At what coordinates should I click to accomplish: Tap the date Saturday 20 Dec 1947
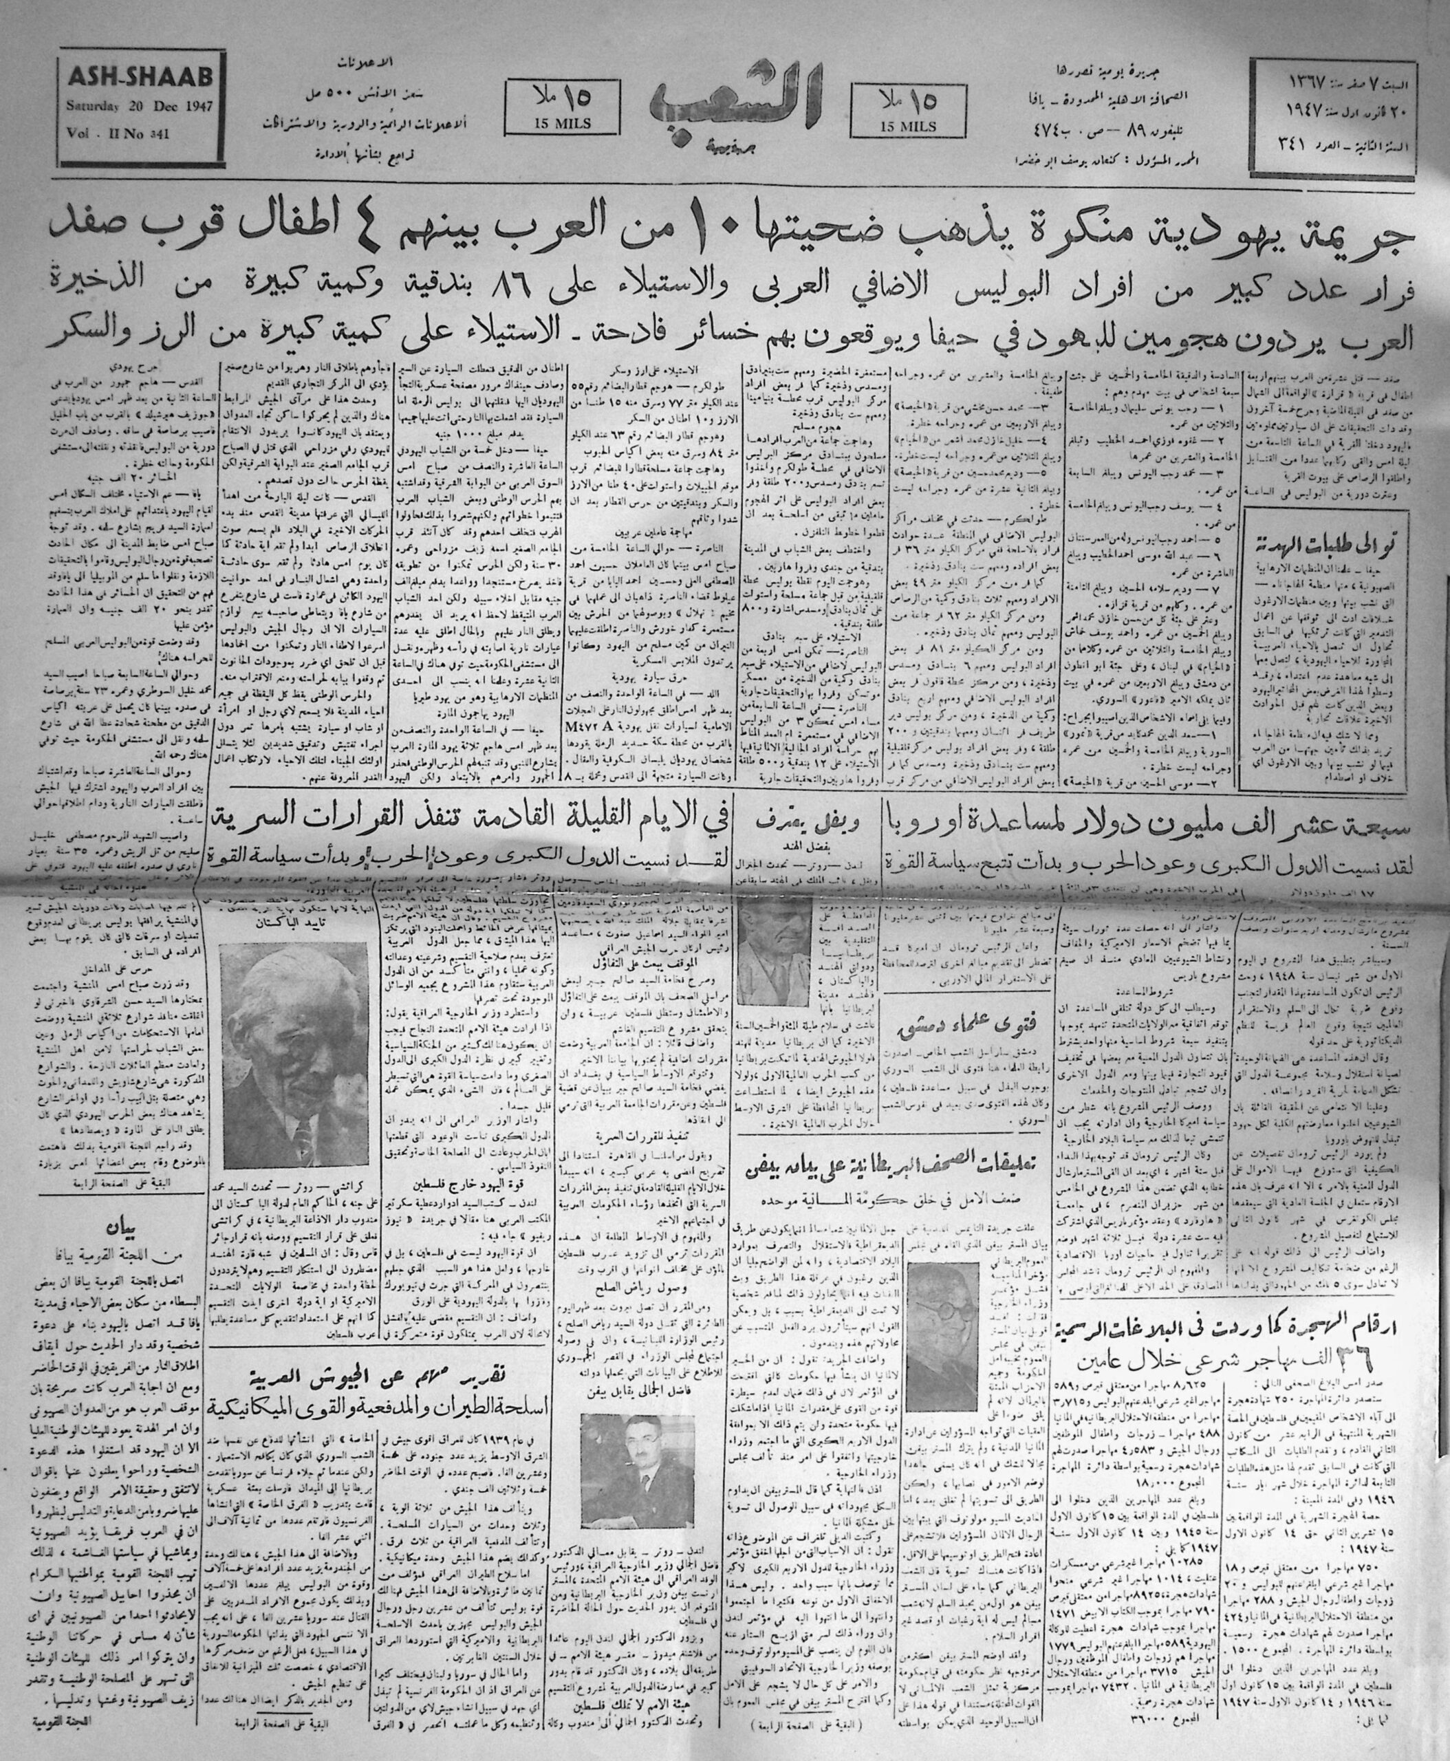pyautogui.click(x=136, y=106)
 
